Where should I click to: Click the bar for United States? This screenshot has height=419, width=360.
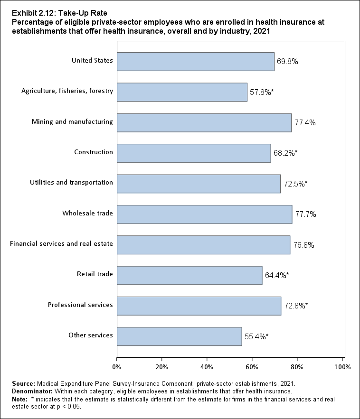click(x=195, y=61)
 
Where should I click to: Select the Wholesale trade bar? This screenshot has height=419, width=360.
click(x=204, y=214)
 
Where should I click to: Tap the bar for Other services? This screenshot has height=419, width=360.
click(x=179, y=336)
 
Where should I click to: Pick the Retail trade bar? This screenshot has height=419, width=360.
click(x=189, y=275)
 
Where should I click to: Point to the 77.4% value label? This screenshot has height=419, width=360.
click(x=305, y=122)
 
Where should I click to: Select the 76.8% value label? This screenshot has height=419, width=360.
click(x=303, y=245)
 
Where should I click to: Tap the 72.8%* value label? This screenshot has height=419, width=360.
click(x=296, y=306)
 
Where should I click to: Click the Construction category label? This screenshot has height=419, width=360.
click(x=94, y=152)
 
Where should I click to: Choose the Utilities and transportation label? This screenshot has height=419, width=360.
click(x=78, y=183)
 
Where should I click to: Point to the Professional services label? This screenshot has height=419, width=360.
click(x=80, y=305)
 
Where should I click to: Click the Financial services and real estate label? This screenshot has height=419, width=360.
click(x=61, y=244)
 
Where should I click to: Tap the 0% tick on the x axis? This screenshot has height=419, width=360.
click(x=116, y=366)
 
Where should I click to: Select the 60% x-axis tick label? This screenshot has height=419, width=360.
click(x=252, y=366)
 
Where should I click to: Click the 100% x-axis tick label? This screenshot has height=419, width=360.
click(x=342, y=366)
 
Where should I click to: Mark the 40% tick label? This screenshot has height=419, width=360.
click(x=207, y=366)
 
